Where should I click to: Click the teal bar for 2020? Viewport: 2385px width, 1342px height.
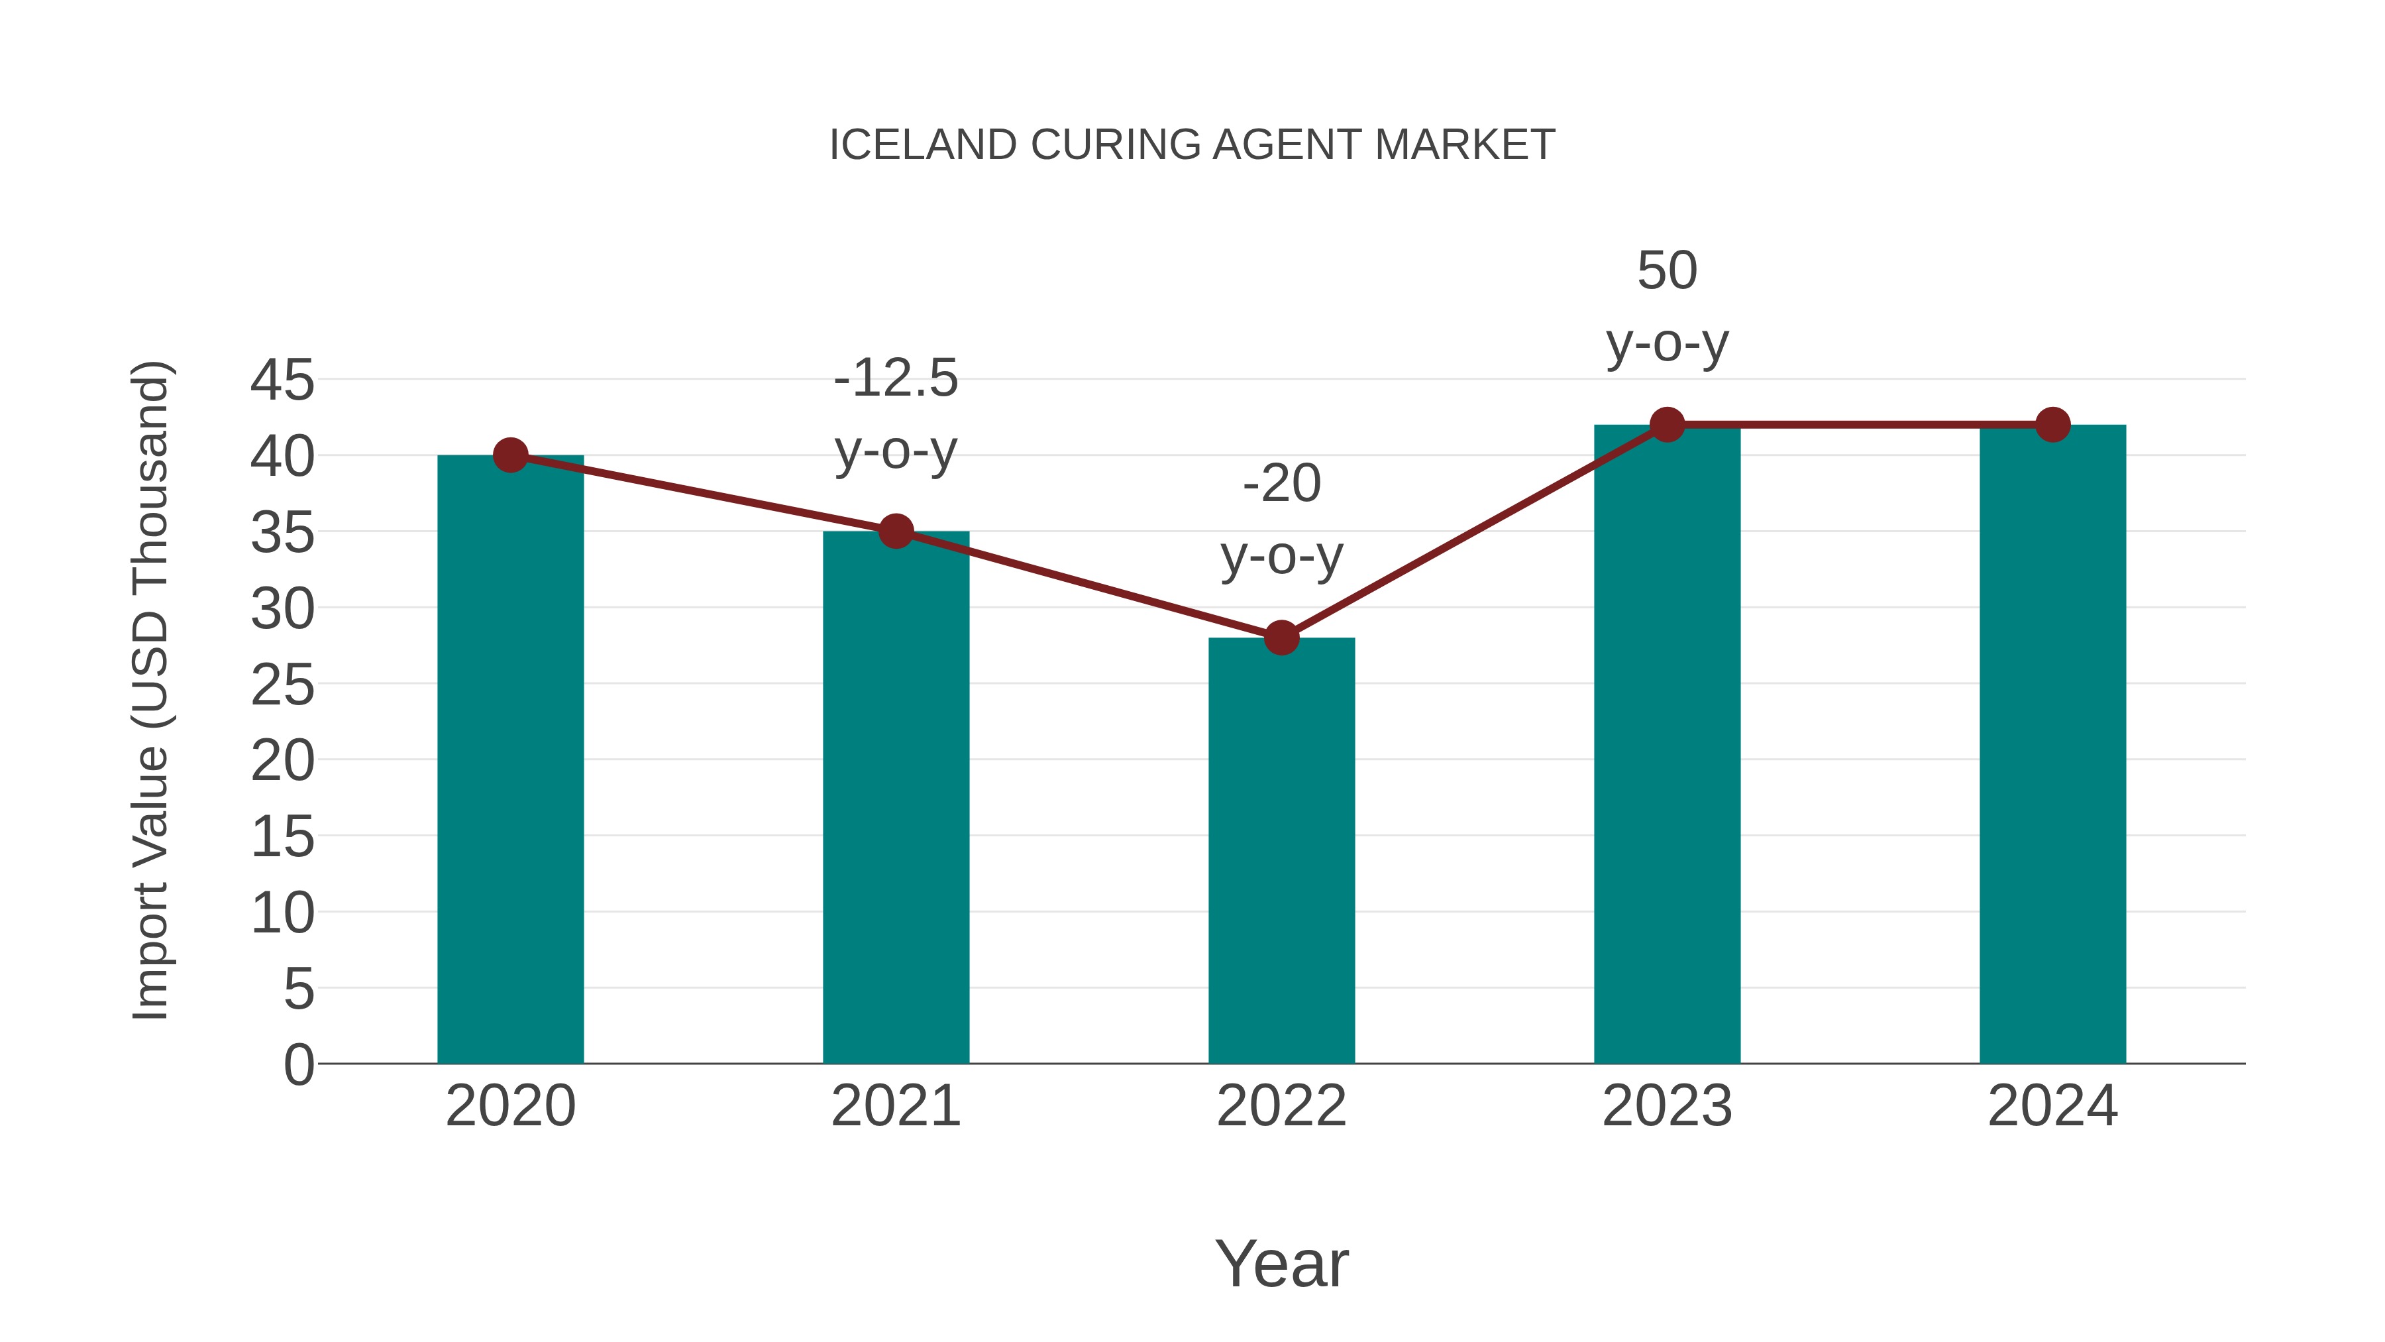coord(510,759)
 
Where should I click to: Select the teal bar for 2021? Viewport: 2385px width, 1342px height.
coord(895,797)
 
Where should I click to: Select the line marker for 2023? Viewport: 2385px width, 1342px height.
coord(1667,424)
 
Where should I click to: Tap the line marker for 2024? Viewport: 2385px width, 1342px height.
coord(2052,424)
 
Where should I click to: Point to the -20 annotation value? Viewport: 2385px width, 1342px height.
coord(1281,484)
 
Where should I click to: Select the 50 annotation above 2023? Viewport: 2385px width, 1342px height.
coord(1667,270)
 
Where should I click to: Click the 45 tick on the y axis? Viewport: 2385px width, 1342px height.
coord(282,380)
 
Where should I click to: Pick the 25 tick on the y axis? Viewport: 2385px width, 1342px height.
coord(282,685)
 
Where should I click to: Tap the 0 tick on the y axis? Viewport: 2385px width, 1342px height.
coord(299,1064)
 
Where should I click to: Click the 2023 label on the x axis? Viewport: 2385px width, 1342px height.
coord(1667,1106)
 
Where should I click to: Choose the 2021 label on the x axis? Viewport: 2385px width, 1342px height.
coord(895,1106)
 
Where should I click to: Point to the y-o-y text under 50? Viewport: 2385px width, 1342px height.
coord(1667,345)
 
